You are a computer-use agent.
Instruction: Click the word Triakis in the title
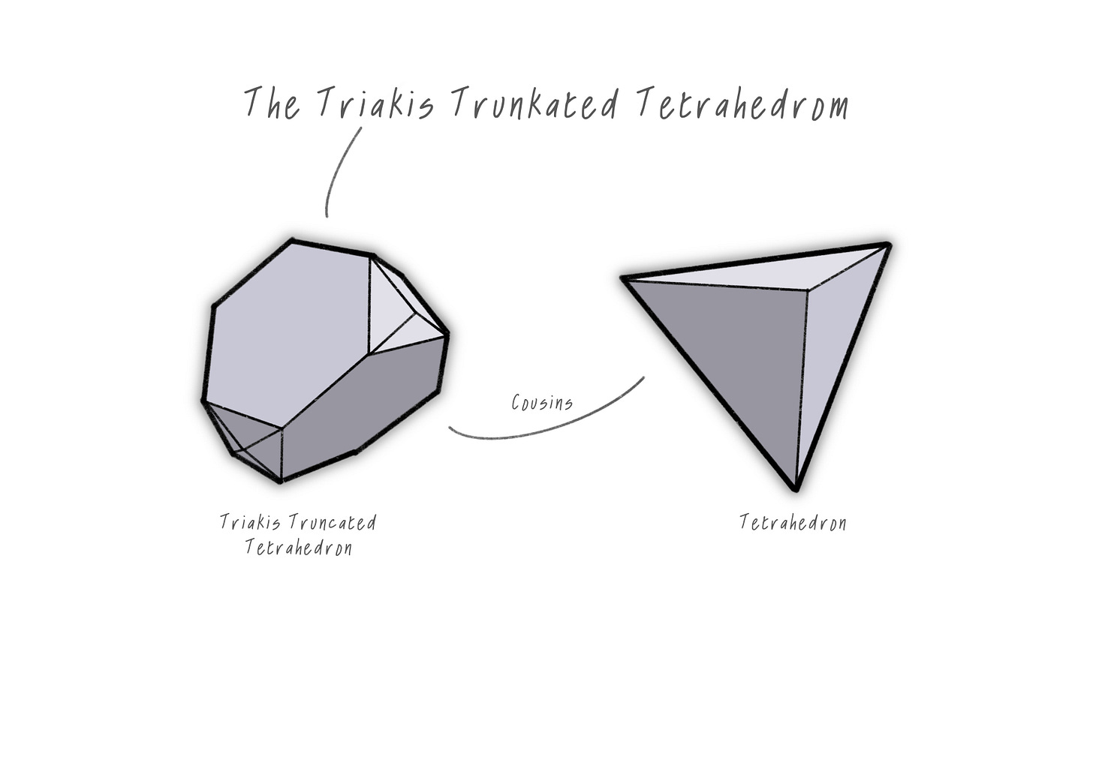click(x=375, y=104)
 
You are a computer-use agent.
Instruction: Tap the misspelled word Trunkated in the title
click(x=534, y=104)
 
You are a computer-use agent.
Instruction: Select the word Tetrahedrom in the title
click(x=743, y=104)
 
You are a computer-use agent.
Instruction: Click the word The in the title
click(x=272, y=104)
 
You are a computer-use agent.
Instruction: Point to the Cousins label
click(x=542, y=403)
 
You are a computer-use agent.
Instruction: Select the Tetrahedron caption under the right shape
click(x=793, y=523)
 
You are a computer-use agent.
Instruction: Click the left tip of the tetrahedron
click(x=623, y=278)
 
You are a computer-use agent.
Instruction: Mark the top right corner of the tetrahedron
click(x=889, y=244)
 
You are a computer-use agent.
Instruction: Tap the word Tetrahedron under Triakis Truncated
click(x=298, y=548)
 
